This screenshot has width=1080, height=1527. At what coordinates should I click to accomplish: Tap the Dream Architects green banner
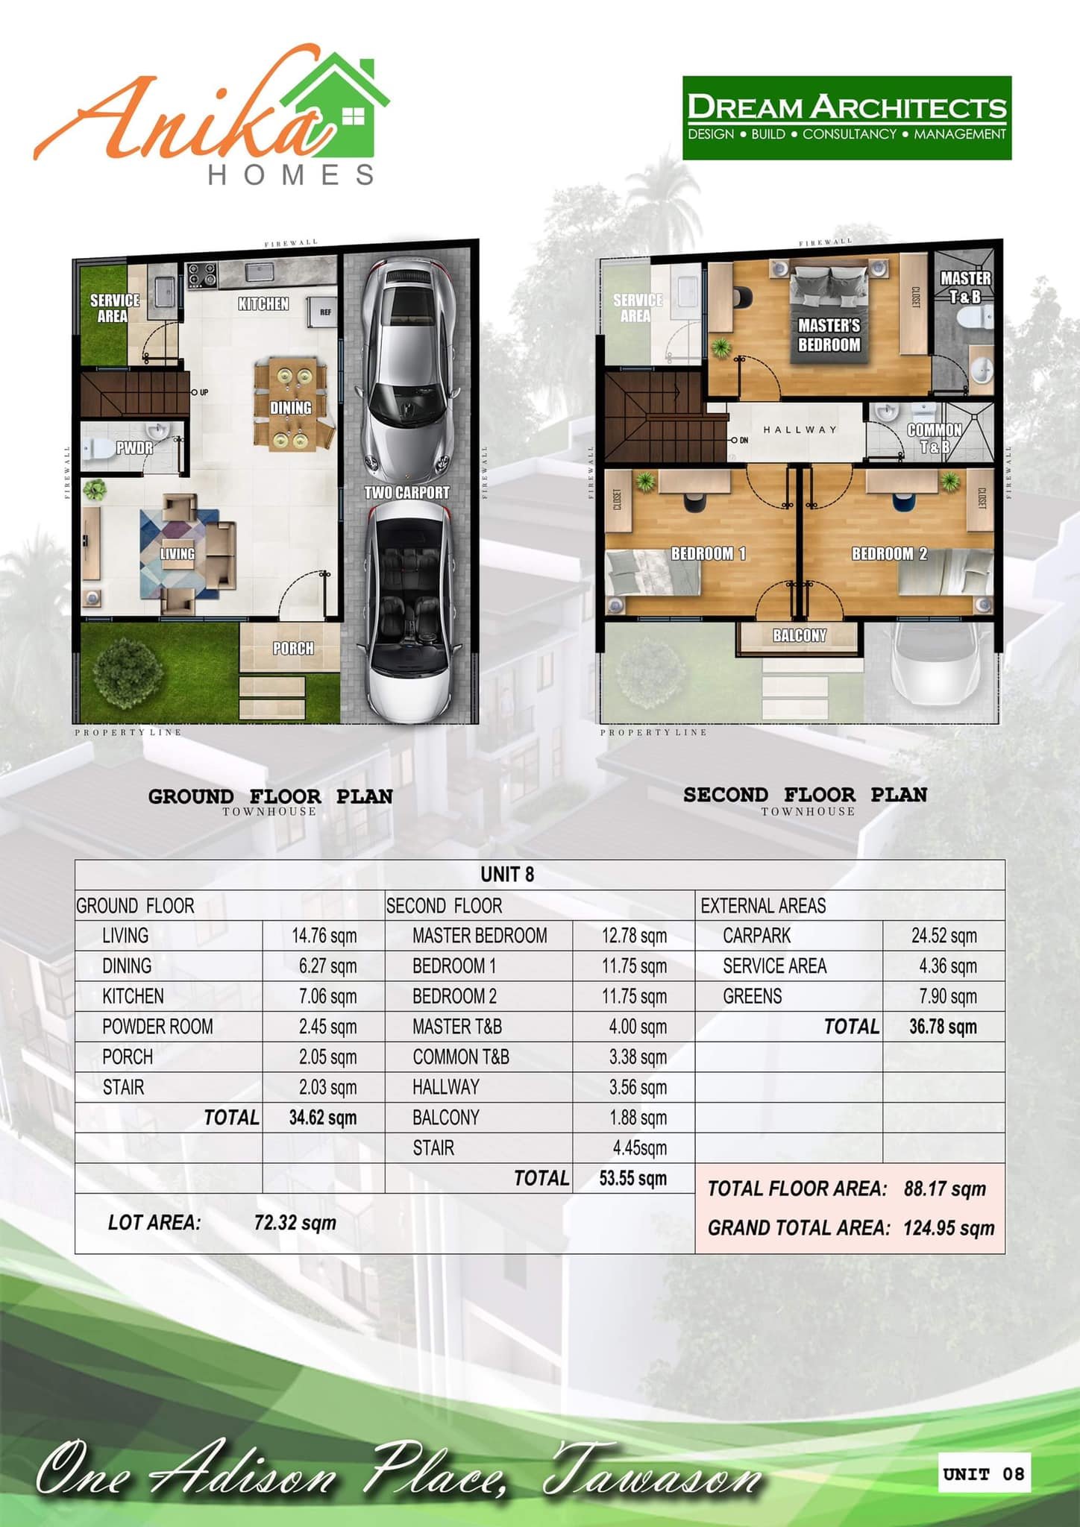click(x=847, y=118)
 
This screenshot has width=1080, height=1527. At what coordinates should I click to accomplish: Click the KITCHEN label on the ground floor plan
click(x=263, y=303)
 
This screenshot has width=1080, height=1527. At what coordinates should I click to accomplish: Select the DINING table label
click(x=291, y=408)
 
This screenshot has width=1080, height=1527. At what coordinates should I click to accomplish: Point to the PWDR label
click(x=134, y=447)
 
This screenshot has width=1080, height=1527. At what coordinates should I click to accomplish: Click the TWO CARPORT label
click(x=406, y=492)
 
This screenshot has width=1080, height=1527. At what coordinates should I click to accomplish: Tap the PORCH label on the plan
click(x=293, y=649)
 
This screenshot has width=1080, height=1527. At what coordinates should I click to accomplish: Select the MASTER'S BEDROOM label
click(x=829, y=335)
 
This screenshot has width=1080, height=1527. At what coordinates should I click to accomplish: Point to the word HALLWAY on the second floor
click(x=800, y=429)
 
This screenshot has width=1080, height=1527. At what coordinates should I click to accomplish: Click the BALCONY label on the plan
click(x=800, y=635)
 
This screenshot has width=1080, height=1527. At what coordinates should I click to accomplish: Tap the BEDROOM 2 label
click(x=890, y=553)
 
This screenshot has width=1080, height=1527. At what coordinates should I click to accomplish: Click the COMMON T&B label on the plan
click(x=935, y=438)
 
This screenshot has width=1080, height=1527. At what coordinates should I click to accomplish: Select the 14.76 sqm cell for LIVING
click(x=324, y=936)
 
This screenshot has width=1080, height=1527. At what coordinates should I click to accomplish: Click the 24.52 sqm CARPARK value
click(x=944, y=936)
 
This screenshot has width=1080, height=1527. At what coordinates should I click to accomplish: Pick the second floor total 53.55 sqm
click(x=633, y=1178)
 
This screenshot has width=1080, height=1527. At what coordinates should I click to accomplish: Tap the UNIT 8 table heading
click(x=507, y=875)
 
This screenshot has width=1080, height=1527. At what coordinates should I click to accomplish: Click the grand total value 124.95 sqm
click(x=949, y=1228)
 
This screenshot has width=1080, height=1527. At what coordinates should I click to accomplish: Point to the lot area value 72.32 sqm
click(x=295, y=1223)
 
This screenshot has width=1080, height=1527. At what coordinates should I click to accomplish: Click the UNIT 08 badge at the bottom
click(x=984, y=1474)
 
